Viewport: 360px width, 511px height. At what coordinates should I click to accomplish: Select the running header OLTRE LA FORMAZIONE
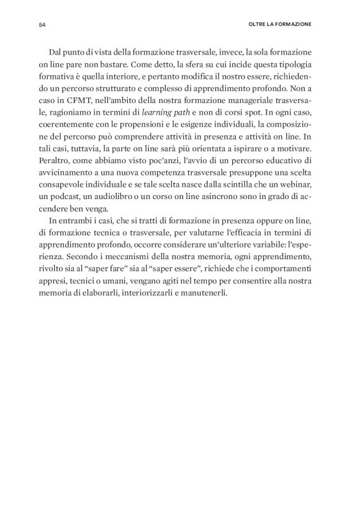point(279,25)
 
